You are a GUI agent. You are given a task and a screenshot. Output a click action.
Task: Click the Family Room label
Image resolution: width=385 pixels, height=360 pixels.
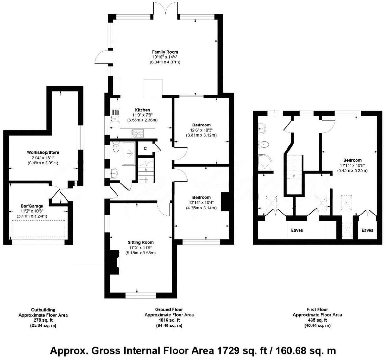point(165,52)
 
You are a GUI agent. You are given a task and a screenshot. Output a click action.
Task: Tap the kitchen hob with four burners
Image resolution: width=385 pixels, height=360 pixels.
point(138,134)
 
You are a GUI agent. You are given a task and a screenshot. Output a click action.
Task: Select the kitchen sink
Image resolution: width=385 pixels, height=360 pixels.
point(114,115)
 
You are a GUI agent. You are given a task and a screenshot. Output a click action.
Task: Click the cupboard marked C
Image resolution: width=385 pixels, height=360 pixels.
point(145,148)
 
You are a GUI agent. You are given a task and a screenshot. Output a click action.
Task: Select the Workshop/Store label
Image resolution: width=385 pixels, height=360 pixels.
point(43,153)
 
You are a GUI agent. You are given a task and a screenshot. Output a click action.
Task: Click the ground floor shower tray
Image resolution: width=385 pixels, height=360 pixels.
point(129,154)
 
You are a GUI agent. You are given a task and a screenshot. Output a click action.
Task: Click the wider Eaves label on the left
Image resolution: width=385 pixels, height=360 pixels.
point(297,230)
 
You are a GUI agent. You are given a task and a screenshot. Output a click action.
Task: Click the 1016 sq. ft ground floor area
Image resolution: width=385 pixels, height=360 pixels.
point(169,320)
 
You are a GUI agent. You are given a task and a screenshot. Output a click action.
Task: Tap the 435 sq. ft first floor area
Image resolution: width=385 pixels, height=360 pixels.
point(317,320)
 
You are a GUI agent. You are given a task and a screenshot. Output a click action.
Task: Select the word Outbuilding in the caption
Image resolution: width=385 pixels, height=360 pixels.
point(43,310)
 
